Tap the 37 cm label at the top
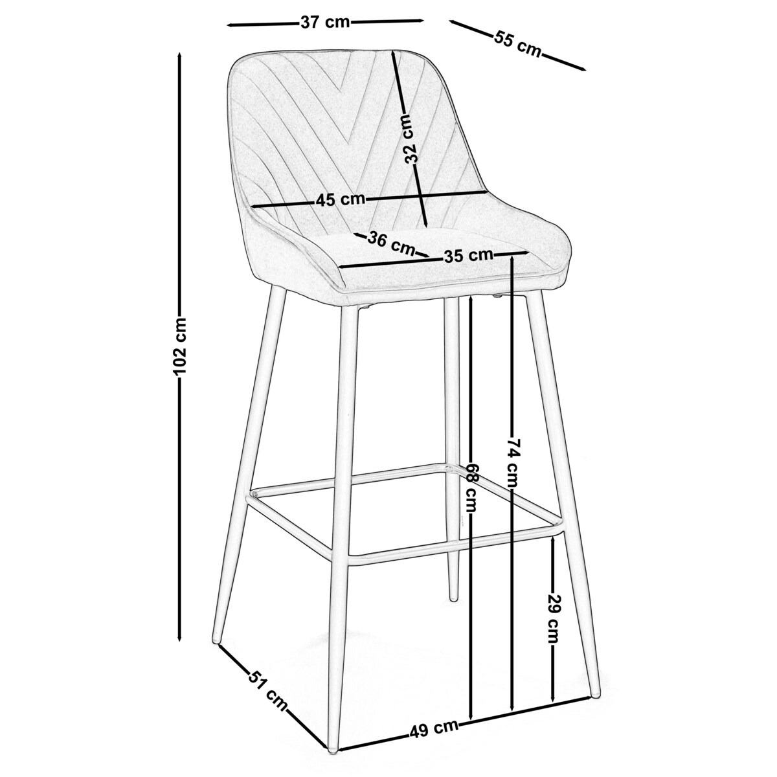[326, 23]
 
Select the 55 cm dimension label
[517, 43]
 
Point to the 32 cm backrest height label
[412, 139]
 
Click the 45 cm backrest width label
[341, 199]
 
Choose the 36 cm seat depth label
[391, 243]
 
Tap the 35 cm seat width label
[468, 255]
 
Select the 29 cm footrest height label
[553, 621]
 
